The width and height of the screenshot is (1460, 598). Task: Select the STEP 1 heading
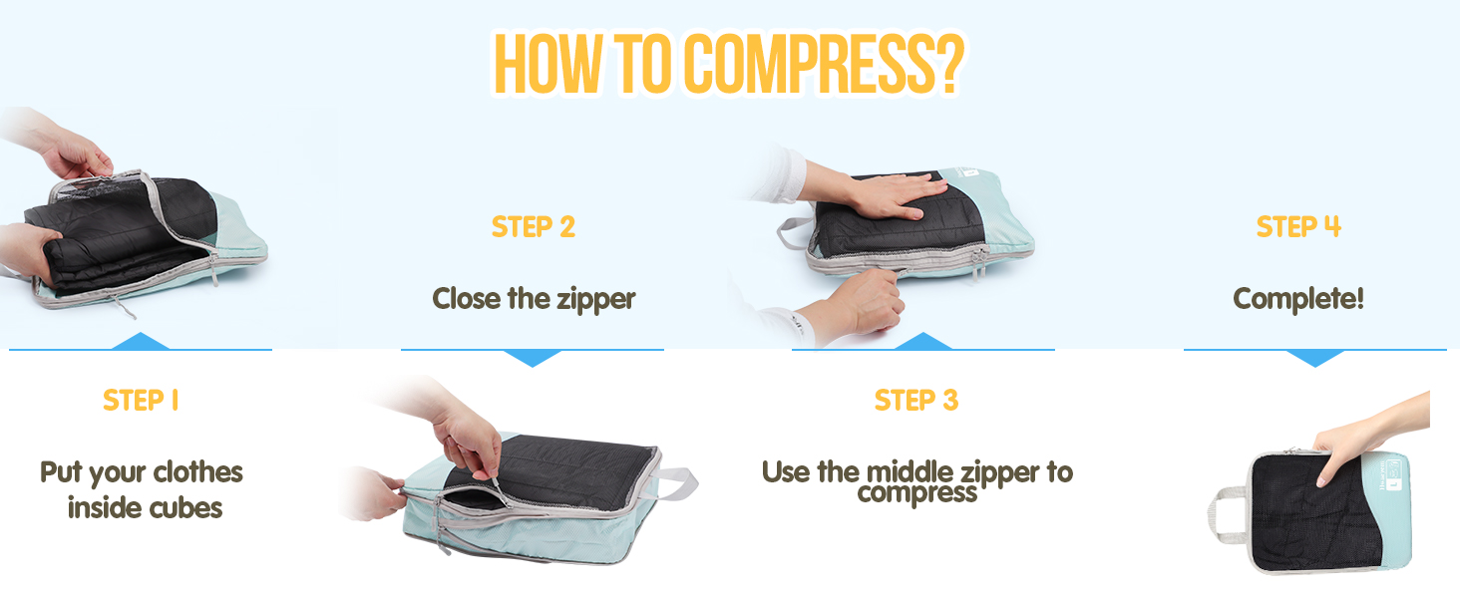[x=141, y=401]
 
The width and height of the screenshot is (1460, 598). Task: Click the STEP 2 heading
[x=534, y=227]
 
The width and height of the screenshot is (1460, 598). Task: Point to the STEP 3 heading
[x=916, y=401]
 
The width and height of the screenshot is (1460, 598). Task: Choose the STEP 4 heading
[x=1298, y=227]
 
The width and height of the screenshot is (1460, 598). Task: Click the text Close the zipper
[x=534, y=298]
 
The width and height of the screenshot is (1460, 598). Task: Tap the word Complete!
[x=1298, y=298]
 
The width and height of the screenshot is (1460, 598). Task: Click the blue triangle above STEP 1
[x=141, y=341]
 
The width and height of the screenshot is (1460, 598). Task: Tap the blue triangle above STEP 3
[x=923, y=341]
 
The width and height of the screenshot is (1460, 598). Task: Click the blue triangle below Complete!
[x=1315, y=358]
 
